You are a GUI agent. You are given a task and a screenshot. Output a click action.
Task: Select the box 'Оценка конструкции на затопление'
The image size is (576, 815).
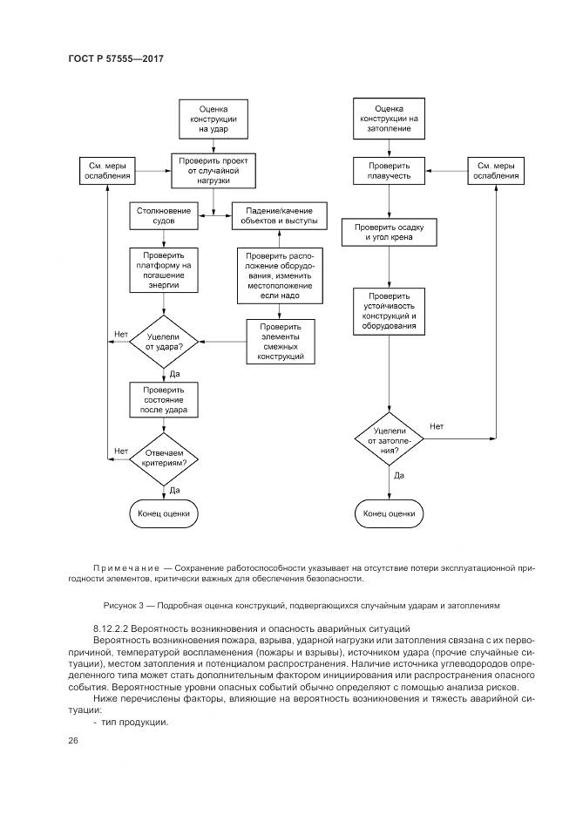click(389, 118)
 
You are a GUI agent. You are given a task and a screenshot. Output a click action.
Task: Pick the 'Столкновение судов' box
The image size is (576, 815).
click(163, 216)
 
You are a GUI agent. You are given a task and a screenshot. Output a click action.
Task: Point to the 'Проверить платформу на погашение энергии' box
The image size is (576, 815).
click(163, 270)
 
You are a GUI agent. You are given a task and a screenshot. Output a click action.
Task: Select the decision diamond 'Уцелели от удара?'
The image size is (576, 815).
click(165, 342)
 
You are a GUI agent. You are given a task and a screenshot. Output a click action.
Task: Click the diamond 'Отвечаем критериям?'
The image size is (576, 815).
click(165, 456)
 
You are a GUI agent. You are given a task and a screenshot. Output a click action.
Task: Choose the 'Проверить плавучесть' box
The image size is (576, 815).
click(389, 169)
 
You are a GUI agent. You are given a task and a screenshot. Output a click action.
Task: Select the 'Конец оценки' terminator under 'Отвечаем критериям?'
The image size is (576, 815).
click(164, 513)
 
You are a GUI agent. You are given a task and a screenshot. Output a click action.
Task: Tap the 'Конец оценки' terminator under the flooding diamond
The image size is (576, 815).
click(389, 513)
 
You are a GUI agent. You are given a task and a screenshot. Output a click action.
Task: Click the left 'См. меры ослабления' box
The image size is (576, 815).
click(107, 169)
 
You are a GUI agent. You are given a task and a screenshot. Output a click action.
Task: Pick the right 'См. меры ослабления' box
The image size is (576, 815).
click(496, 169)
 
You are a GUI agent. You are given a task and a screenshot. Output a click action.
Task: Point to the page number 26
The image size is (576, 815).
click(72, 740)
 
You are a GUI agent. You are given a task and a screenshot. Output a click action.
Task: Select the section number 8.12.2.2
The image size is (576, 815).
click(113, 628)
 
